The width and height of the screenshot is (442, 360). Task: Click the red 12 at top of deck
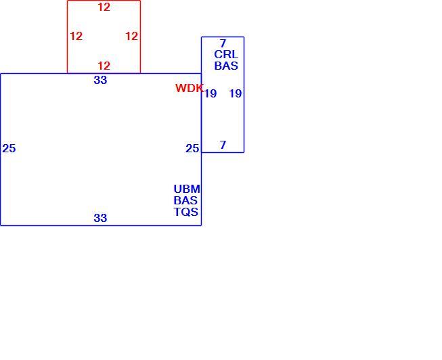pos(104,7)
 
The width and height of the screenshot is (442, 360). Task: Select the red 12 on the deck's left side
pos(76,36)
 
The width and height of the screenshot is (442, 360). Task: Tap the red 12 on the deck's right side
pos(131,36)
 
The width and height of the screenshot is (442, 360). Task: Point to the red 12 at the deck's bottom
pos(104,66)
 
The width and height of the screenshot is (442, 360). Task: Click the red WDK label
pos(189,88)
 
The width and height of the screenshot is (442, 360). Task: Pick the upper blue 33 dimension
pos(100,80)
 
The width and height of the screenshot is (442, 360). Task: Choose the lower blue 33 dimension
pos(100,218)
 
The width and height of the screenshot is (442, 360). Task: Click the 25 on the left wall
pos(9,149)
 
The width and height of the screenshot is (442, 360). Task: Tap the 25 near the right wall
pos(192,149)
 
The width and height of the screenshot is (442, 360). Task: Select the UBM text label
pos(187,189)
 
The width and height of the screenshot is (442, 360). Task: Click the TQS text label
pos(185,212)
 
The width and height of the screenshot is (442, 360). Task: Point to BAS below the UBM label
pos(185,200)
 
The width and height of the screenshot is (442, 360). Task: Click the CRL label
pos(226,54)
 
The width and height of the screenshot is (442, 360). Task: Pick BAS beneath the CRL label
pos(226,66)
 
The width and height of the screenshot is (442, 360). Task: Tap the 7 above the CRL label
pos(223,43)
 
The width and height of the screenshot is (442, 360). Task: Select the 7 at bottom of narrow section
pos(223,145)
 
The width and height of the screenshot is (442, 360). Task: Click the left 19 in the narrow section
pos(211,93)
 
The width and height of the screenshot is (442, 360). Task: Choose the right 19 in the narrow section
pos(236,93)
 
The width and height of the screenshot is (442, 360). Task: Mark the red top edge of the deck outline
pos(104,1)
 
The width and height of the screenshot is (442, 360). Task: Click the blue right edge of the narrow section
pos(244,95)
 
